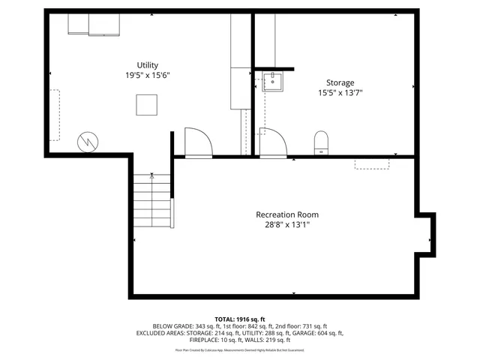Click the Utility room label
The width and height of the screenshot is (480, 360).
click(147, 65)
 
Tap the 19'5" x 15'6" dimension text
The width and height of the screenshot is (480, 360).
click(147, 76)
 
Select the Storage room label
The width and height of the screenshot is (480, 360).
click(340, 82)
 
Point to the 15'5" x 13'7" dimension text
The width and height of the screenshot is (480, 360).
click(340, 93)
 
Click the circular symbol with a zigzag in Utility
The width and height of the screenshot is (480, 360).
click(88, 140)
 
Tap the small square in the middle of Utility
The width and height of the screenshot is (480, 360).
click(146, 105)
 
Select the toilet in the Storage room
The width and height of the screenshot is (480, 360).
click(322, 142)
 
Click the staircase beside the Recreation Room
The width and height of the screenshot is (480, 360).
click(153, 201)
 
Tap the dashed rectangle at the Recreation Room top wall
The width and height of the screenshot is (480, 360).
click(371, 163)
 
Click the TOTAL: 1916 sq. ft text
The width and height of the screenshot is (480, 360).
click(240, 319)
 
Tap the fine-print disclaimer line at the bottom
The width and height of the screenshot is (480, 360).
click(240, 349)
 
